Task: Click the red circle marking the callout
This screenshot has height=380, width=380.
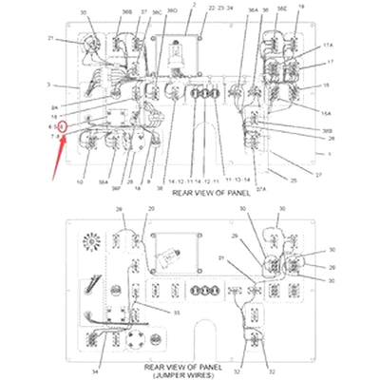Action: (x=63, y=125)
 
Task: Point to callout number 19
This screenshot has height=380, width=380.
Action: (x=301, y=7)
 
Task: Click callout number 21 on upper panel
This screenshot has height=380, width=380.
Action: (x=50, y=39)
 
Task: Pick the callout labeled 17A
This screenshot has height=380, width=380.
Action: (x=329, y=45)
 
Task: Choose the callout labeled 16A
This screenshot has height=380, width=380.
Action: (x=327, y=111)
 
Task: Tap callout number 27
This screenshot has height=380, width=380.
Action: (x=319, y=175)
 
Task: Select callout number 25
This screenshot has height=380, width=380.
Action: (x=294, y=180)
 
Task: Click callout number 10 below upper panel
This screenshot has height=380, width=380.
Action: (x=81, y=180)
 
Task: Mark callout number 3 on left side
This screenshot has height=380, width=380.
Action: (x=48, y=85)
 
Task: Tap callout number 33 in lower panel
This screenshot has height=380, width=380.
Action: (x=177, y=312)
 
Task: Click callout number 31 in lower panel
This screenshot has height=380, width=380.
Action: (x=220, y=258)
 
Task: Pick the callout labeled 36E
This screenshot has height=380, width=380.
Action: (x=281, y=9)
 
